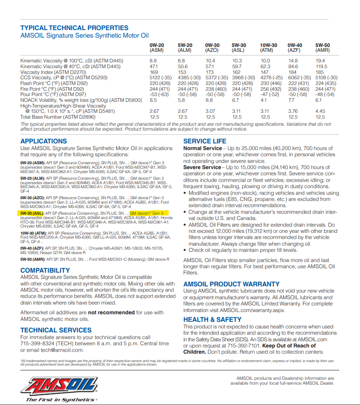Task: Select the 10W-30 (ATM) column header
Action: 268,48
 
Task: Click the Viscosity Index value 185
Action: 320,72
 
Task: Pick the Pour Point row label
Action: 53,95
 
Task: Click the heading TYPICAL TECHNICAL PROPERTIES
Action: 74,28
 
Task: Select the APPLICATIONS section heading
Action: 44,141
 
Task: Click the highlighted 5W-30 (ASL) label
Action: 32,213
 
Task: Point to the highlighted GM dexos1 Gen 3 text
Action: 146,213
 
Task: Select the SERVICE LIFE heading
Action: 205,141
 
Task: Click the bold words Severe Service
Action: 202,167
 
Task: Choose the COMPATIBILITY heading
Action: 45,270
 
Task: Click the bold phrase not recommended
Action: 111,312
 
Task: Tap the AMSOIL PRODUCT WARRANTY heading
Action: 232,284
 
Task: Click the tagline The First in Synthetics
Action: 61,400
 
